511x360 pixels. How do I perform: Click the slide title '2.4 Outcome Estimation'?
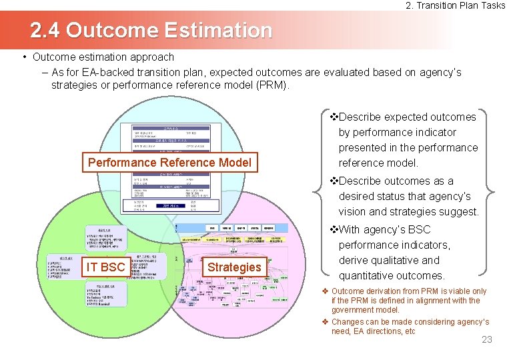click(x=151, y=30)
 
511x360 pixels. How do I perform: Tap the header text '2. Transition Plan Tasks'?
click(x=456, y=6)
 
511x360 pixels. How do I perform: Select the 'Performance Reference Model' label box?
click(x=169, y=163)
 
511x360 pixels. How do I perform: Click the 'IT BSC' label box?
click(x=106, y=267)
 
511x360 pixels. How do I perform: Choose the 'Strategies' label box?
click(x=234, y=267)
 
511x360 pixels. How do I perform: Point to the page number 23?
click(x=486, y=340)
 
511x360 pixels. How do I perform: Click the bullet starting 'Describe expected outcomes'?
click(x=407, y=139)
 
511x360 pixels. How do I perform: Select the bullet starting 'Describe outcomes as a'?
click(x=407, y=196)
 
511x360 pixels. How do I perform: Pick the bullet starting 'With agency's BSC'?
click(x=394, y=252)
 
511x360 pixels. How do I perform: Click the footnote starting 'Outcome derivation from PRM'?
click(x=408, y=300)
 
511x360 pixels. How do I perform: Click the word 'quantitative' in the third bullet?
click(x=368, y=275)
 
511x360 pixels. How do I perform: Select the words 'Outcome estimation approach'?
click(x=103, y=57)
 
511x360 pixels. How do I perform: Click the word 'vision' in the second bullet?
click(x=353, y=211)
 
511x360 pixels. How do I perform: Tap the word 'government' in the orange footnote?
click(x=356, y=310)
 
